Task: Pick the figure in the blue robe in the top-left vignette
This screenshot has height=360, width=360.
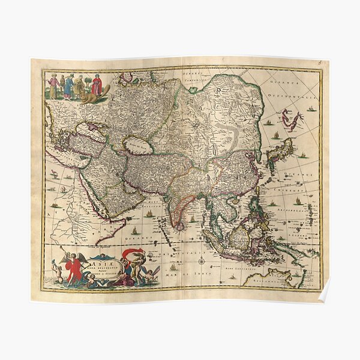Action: (x=68, y=86)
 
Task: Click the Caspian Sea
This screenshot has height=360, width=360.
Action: (x=137, y=146)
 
